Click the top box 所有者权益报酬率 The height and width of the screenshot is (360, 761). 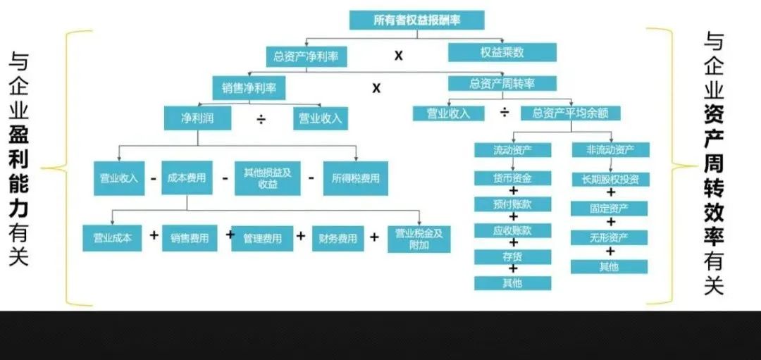point(416,20)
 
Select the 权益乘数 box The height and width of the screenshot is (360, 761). point(502,52)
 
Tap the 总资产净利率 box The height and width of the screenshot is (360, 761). point(307,56)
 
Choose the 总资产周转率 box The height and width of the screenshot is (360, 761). point(502,83)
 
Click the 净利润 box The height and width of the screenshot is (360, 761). point(197,118)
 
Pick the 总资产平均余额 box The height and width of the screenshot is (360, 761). point(570,113)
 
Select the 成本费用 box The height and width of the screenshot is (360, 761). point(187,178)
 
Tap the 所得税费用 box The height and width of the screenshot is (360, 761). point(356,178)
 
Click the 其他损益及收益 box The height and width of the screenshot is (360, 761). point(267,178)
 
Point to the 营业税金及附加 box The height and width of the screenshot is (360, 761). point(419,238)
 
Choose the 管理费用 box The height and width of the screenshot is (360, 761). point(262,239)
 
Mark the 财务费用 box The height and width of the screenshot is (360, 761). point(338,239)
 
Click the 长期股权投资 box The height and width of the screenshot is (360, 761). point(610,179)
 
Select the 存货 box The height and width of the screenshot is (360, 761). point(512,256)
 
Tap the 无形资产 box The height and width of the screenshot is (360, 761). point(610,237)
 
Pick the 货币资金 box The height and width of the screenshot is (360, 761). point(512,178)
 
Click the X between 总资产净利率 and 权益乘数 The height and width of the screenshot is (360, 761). point(398,56)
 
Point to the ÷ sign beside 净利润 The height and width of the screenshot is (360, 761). point(261,119)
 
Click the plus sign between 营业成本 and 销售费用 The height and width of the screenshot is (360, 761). point(154,236)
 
